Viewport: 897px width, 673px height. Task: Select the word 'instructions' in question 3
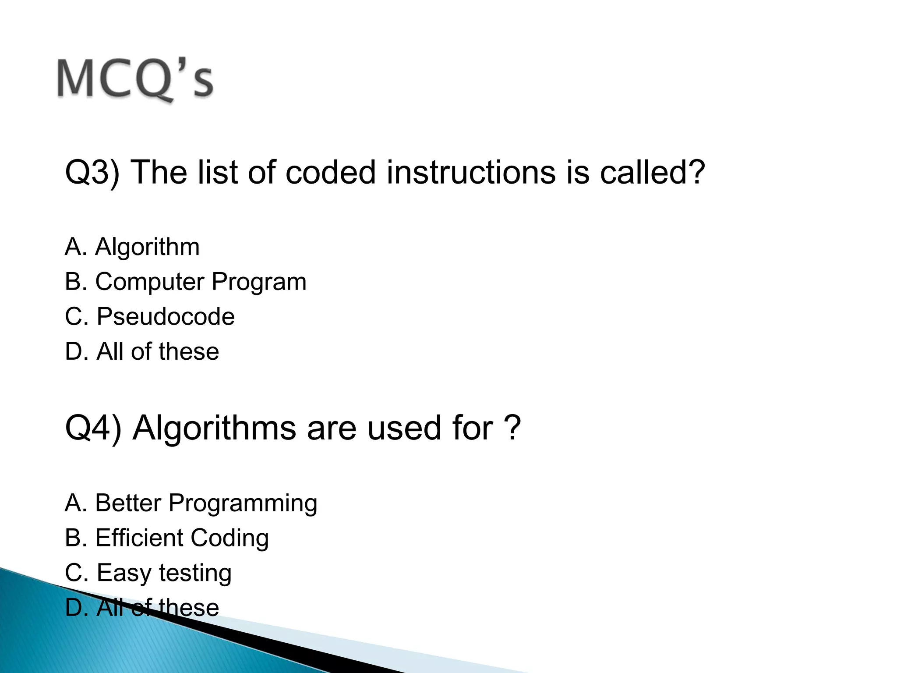471,172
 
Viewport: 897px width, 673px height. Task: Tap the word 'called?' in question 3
652,172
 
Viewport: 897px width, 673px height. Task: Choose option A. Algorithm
132,247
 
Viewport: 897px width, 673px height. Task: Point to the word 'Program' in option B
259,282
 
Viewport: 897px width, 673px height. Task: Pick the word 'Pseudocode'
166,316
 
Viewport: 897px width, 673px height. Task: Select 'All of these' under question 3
158,351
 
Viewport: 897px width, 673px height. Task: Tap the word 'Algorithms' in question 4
215,428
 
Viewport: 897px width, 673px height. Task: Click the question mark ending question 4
512,428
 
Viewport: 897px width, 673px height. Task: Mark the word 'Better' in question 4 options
128,503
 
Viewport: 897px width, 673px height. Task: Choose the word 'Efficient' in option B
139,538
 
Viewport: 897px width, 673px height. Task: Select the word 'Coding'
230,538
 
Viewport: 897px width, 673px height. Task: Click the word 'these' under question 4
188,608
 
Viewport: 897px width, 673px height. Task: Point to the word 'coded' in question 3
331,172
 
